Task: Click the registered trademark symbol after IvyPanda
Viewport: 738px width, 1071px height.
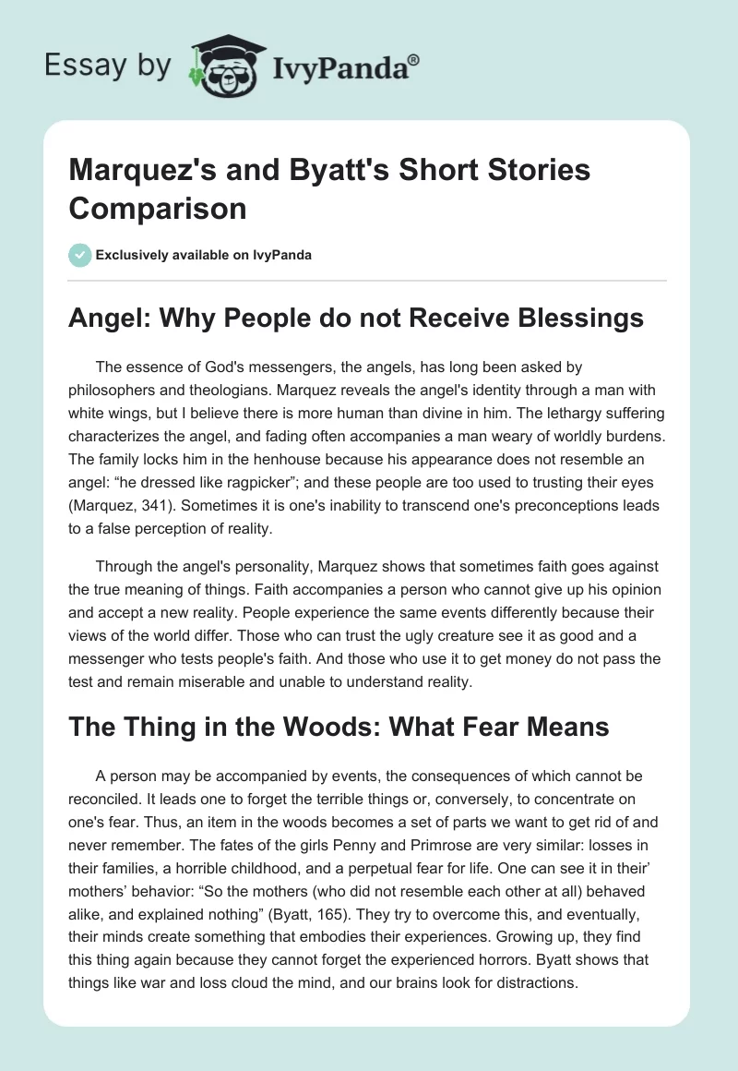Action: pyautogui.click(x=414, y=59)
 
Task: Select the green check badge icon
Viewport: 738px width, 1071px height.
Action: pyautogui.click(x=80, y=255)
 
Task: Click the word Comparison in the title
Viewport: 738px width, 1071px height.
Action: pyautogui.click(x=158, y=208)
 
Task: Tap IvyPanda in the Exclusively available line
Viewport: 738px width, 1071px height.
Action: pyautogui.click(x=283, y=256)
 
